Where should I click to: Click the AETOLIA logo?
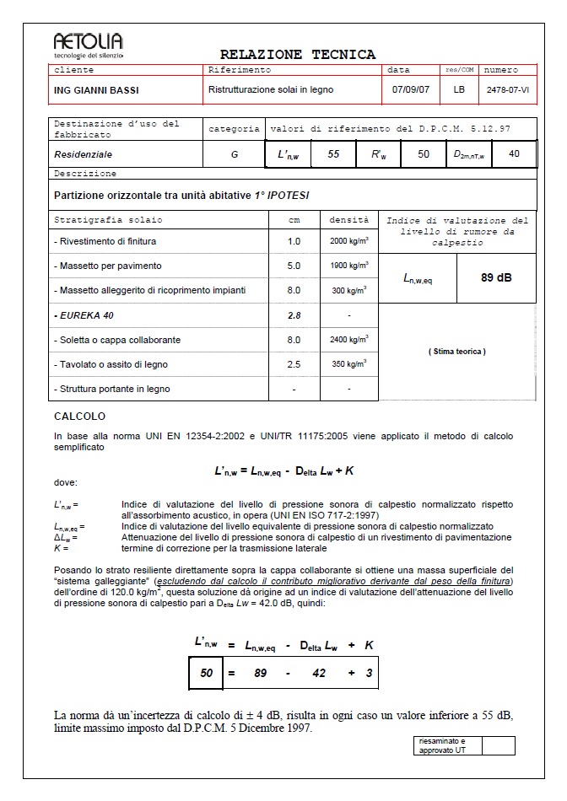coord(88,45)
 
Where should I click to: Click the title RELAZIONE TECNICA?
coord(298,55)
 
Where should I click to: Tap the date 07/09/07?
coord(409,89)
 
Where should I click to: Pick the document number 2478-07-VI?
coord(508,89)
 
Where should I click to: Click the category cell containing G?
coord(234,155)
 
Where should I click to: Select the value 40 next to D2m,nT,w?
coord(514,155)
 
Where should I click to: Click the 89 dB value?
coord(496,277)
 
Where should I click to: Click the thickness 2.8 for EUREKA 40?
coord(294,315)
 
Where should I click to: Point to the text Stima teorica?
coord(456,351)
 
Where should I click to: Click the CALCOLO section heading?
coord(79,417)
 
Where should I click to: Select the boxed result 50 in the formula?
coord(205,674)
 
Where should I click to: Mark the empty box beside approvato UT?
coord(498,745)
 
